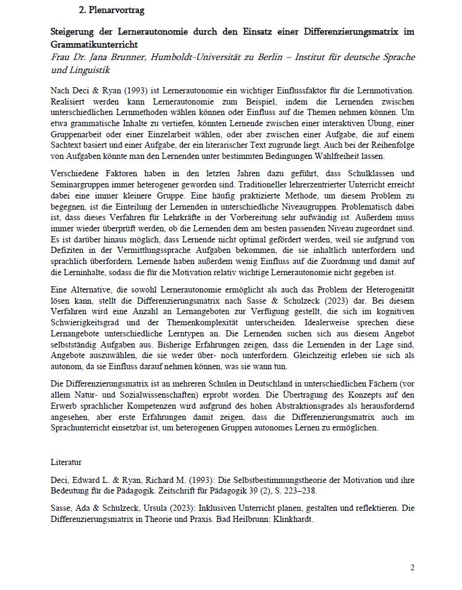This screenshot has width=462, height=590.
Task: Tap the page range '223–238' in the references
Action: (x=295, y=490)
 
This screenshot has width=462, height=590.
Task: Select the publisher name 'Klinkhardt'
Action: (x=290, y=519)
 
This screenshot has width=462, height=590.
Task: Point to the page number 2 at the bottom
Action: (x=412, y=567)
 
